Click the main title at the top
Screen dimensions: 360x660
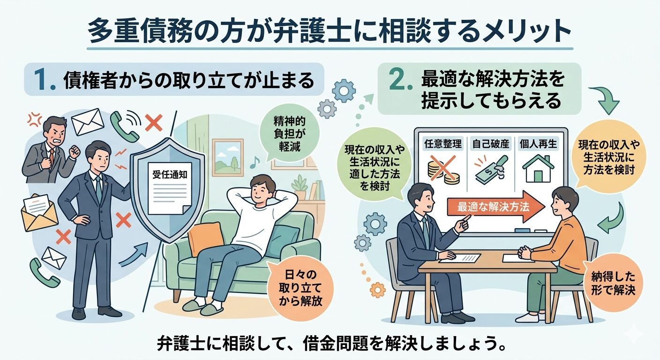point(330,32)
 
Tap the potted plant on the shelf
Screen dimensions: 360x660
point(300,187)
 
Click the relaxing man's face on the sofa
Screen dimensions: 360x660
point(263,190)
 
